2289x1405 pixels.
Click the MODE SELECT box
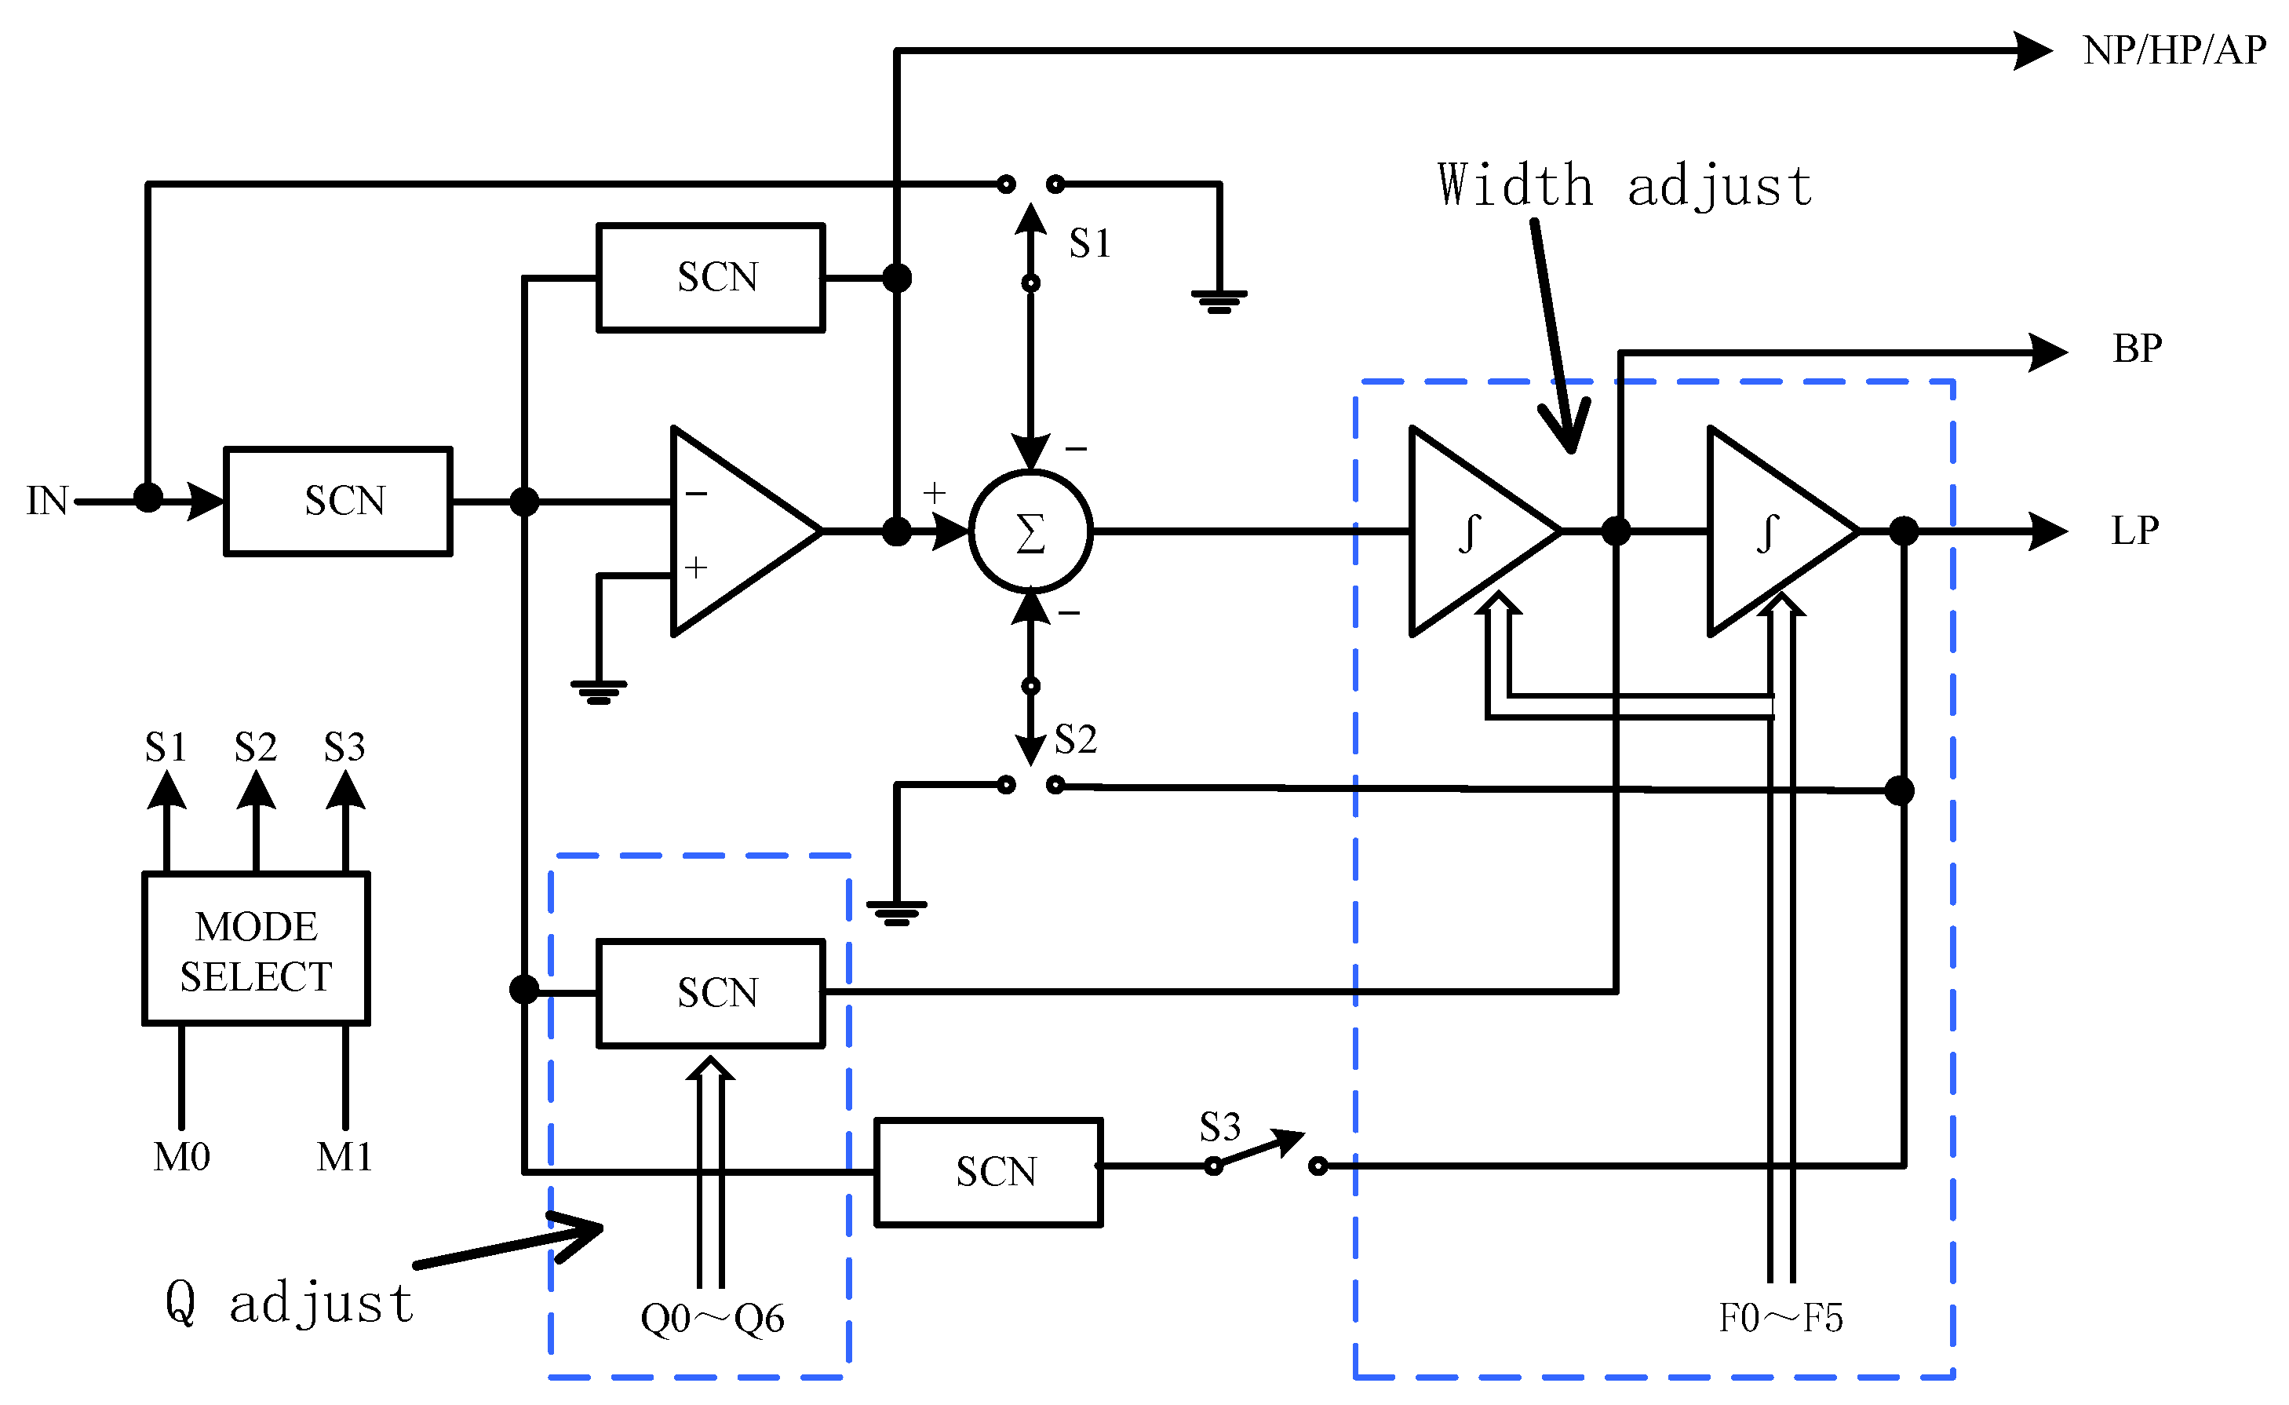click(256, 949)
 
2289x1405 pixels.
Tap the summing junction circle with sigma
click(1030, 532)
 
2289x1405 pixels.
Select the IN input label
click(46, 501)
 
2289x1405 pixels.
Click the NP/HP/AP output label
click(2173, 50)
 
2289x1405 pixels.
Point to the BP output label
click(2137, 349)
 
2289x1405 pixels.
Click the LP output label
click(2134, 531)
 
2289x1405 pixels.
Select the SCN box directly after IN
click(338, 501)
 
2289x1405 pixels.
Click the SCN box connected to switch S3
click(989, 1172)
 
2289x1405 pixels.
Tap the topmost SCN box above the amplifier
click(711, 277)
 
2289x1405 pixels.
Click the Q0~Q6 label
click(713, 1318)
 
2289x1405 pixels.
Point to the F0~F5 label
click(1780, 1318)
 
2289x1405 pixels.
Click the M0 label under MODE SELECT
click(181, 1157)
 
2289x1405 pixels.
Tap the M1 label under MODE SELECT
click(344, 1157)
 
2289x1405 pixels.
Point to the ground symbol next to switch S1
click(1219, 299)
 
